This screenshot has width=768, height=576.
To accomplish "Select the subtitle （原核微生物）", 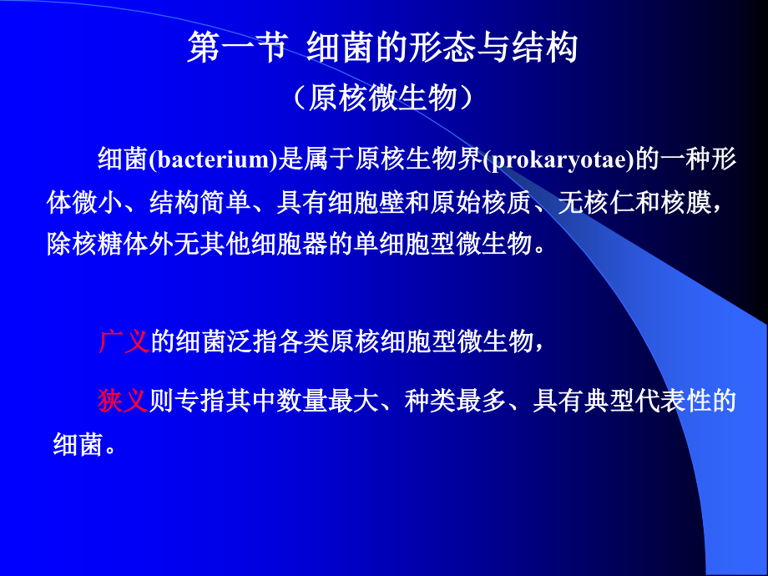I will click(x=384, y=98).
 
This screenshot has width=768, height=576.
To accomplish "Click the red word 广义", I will click(x=123, y=341).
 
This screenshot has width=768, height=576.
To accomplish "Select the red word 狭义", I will click(x=123, y=401).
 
